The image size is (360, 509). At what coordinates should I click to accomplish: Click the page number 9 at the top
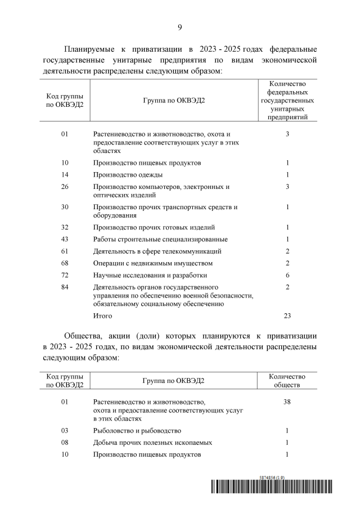(180, 27)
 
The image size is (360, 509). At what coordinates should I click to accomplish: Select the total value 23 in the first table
(287, 316)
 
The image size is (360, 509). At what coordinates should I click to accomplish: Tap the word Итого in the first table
(103, 316)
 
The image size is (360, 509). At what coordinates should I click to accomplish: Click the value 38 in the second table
(287, 402)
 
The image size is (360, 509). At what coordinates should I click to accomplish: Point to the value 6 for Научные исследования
(287, 275)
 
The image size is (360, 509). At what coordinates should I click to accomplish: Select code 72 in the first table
(64, 275)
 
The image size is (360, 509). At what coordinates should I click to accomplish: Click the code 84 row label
(64, 287)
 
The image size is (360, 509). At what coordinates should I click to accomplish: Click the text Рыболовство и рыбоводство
(137, 430)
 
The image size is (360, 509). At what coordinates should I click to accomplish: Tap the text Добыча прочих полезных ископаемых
(152, 443)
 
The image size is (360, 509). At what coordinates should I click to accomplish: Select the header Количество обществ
(287, 381)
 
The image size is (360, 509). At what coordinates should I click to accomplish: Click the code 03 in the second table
(64, 430)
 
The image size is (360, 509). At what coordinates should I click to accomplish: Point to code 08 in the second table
(64, 443)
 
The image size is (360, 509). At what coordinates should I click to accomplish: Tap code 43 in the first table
(64, 239)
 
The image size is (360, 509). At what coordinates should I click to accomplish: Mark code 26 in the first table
(64, 186)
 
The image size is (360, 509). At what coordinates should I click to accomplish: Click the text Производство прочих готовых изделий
(154, 227)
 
